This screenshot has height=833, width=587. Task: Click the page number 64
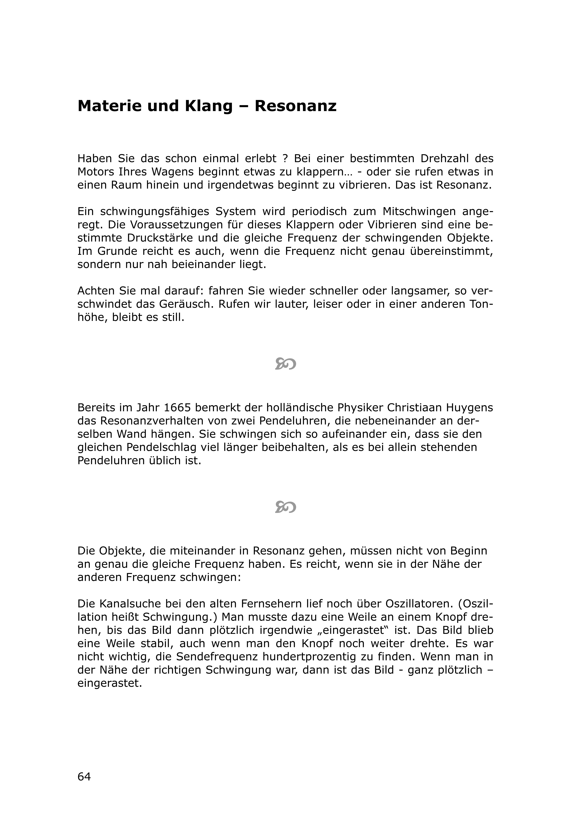(x=84, y=776)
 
